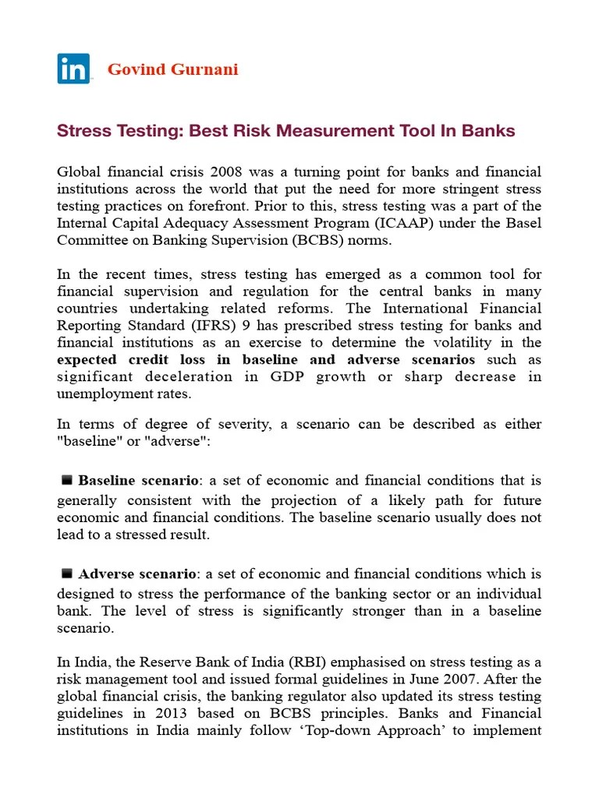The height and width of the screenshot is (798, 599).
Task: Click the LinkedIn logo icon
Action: pyautogui.click(x=73, y=69)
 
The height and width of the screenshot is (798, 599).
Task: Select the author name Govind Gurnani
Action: pyautogui.click(x=172, y=69)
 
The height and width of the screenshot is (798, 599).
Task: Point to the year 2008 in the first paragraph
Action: pyautogui.click(x=211, y=171)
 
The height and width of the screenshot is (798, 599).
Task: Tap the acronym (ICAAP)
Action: pyautogui.click(x=341, y=223)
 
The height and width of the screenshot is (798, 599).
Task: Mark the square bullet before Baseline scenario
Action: pyautogui.click(x=67, y=480)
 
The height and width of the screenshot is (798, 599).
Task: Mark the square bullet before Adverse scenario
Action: pyautogui.click(x=67, y=574)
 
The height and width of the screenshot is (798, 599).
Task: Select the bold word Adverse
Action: pyautogui.click(x=106, y=574)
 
